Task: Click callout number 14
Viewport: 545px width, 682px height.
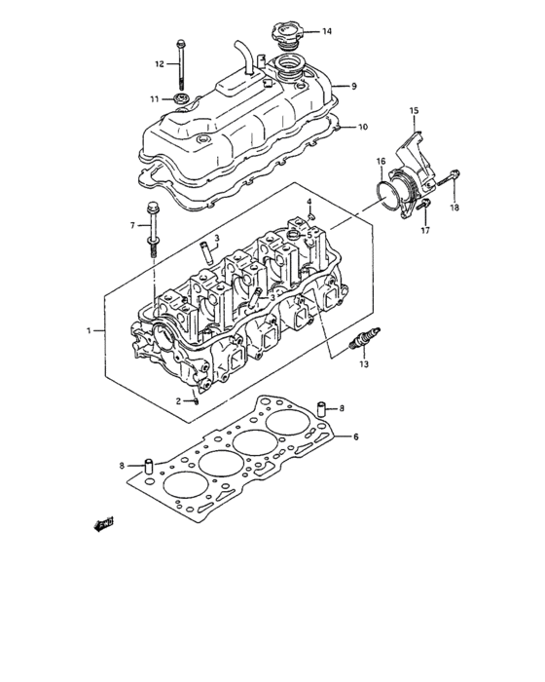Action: click(327, 31)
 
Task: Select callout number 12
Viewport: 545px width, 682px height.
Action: click(159, 64)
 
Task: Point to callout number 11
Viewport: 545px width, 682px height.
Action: click(154, 98)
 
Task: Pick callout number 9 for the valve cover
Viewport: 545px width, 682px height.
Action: click(354, 86)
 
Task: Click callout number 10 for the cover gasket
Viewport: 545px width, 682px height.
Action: click(363, 127)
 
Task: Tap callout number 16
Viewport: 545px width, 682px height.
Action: click(381, 161)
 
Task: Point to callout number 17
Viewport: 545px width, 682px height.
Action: click(424, 231)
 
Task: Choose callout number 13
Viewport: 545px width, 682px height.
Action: click(364, 365)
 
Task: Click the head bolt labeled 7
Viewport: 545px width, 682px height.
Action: click(154, 229)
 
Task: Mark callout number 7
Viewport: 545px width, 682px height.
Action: click(132, 226)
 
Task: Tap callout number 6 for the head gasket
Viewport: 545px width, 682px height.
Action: click(356, 436)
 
